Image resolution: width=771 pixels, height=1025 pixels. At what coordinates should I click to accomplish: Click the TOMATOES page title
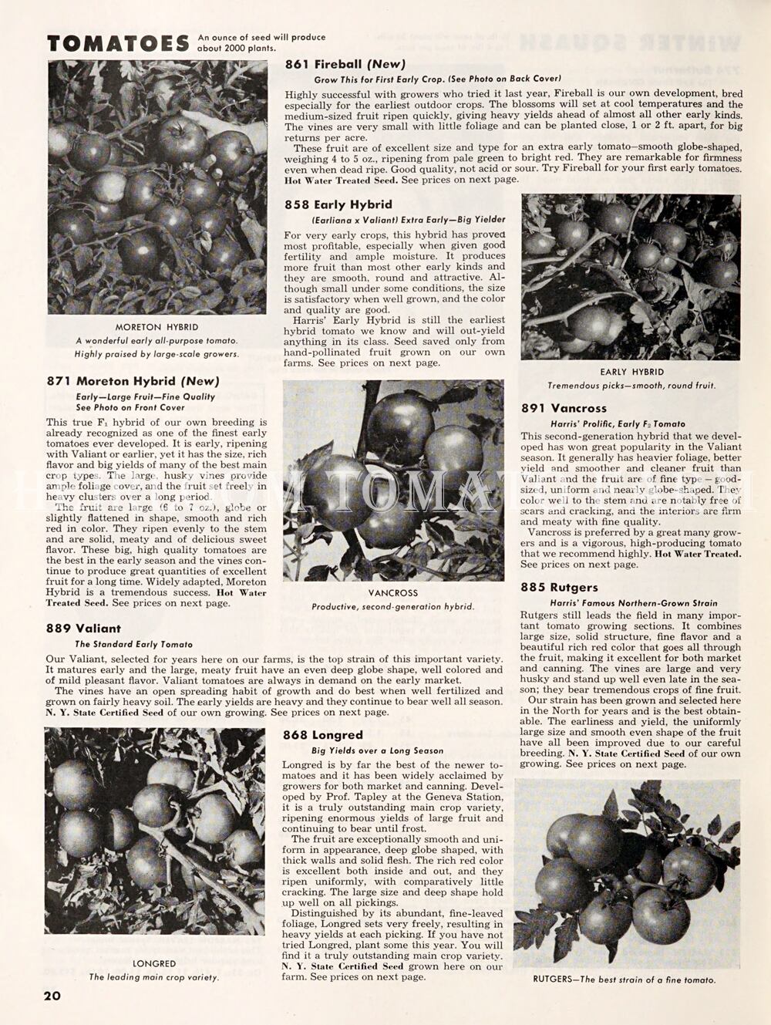[118, 43]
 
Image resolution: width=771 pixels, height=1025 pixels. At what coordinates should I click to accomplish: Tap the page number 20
[52, 995]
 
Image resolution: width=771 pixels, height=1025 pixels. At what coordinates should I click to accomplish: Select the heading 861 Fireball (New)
[345, 64]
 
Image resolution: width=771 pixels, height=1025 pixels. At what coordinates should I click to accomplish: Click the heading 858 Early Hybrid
[338, 204]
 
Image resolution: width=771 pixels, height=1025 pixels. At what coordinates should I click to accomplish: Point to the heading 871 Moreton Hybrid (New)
[133, 381]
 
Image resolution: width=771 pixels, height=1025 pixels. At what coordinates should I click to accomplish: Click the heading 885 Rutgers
[559, 587]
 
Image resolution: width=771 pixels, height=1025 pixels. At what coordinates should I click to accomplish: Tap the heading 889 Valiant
[83, 628]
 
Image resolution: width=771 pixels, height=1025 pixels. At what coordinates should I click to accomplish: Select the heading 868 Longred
[322, 735]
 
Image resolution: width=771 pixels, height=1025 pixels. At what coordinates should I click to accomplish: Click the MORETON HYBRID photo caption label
[157, 327]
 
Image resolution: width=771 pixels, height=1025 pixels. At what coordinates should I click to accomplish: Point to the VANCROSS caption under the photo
[393, 593]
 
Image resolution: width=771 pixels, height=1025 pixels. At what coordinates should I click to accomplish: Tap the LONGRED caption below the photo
[154, 963]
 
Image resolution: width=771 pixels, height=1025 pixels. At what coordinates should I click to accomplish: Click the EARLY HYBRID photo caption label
[631, 372]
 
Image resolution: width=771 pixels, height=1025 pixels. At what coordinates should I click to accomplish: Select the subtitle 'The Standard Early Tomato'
[133, 644]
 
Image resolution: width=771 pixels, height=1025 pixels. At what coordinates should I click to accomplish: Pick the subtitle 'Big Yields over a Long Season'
[377, 750]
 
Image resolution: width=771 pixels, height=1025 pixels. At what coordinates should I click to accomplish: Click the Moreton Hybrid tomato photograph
[157, 187]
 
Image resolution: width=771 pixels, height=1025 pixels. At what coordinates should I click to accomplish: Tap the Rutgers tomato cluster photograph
[627, 872]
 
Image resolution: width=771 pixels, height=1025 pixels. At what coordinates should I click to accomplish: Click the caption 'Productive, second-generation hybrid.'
[392, 607]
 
